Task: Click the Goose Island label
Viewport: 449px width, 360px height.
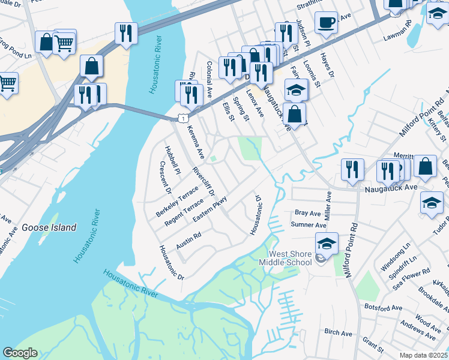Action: click(49, 227)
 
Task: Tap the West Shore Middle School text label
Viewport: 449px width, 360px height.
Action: click(285, 258)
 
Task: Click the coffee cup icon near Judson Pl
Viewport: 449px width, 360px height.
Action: click(326, 23)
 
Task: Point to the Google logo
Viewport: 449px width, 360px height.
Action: click(20, 353)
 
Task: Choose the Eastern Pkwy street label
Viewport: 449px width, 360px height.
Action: click(210, 210)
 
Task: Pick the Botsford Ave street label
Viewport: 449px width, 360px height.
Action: click(383, 307)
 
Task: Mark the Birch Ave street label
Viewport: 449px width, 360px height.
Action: click(338, 332)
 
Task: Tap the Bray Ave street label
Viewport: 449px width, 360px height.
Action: click(309, 212)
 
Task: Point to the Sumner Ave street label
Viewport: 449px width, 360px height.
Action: click(308, 225)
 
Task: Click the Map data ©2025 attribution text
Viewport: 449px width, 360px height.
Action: click(424, 355)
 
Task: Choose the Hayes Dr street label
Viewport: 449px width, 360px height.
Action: click(327, 65)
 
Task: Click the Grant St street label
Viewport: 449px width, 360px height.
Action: click(373, 345)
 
